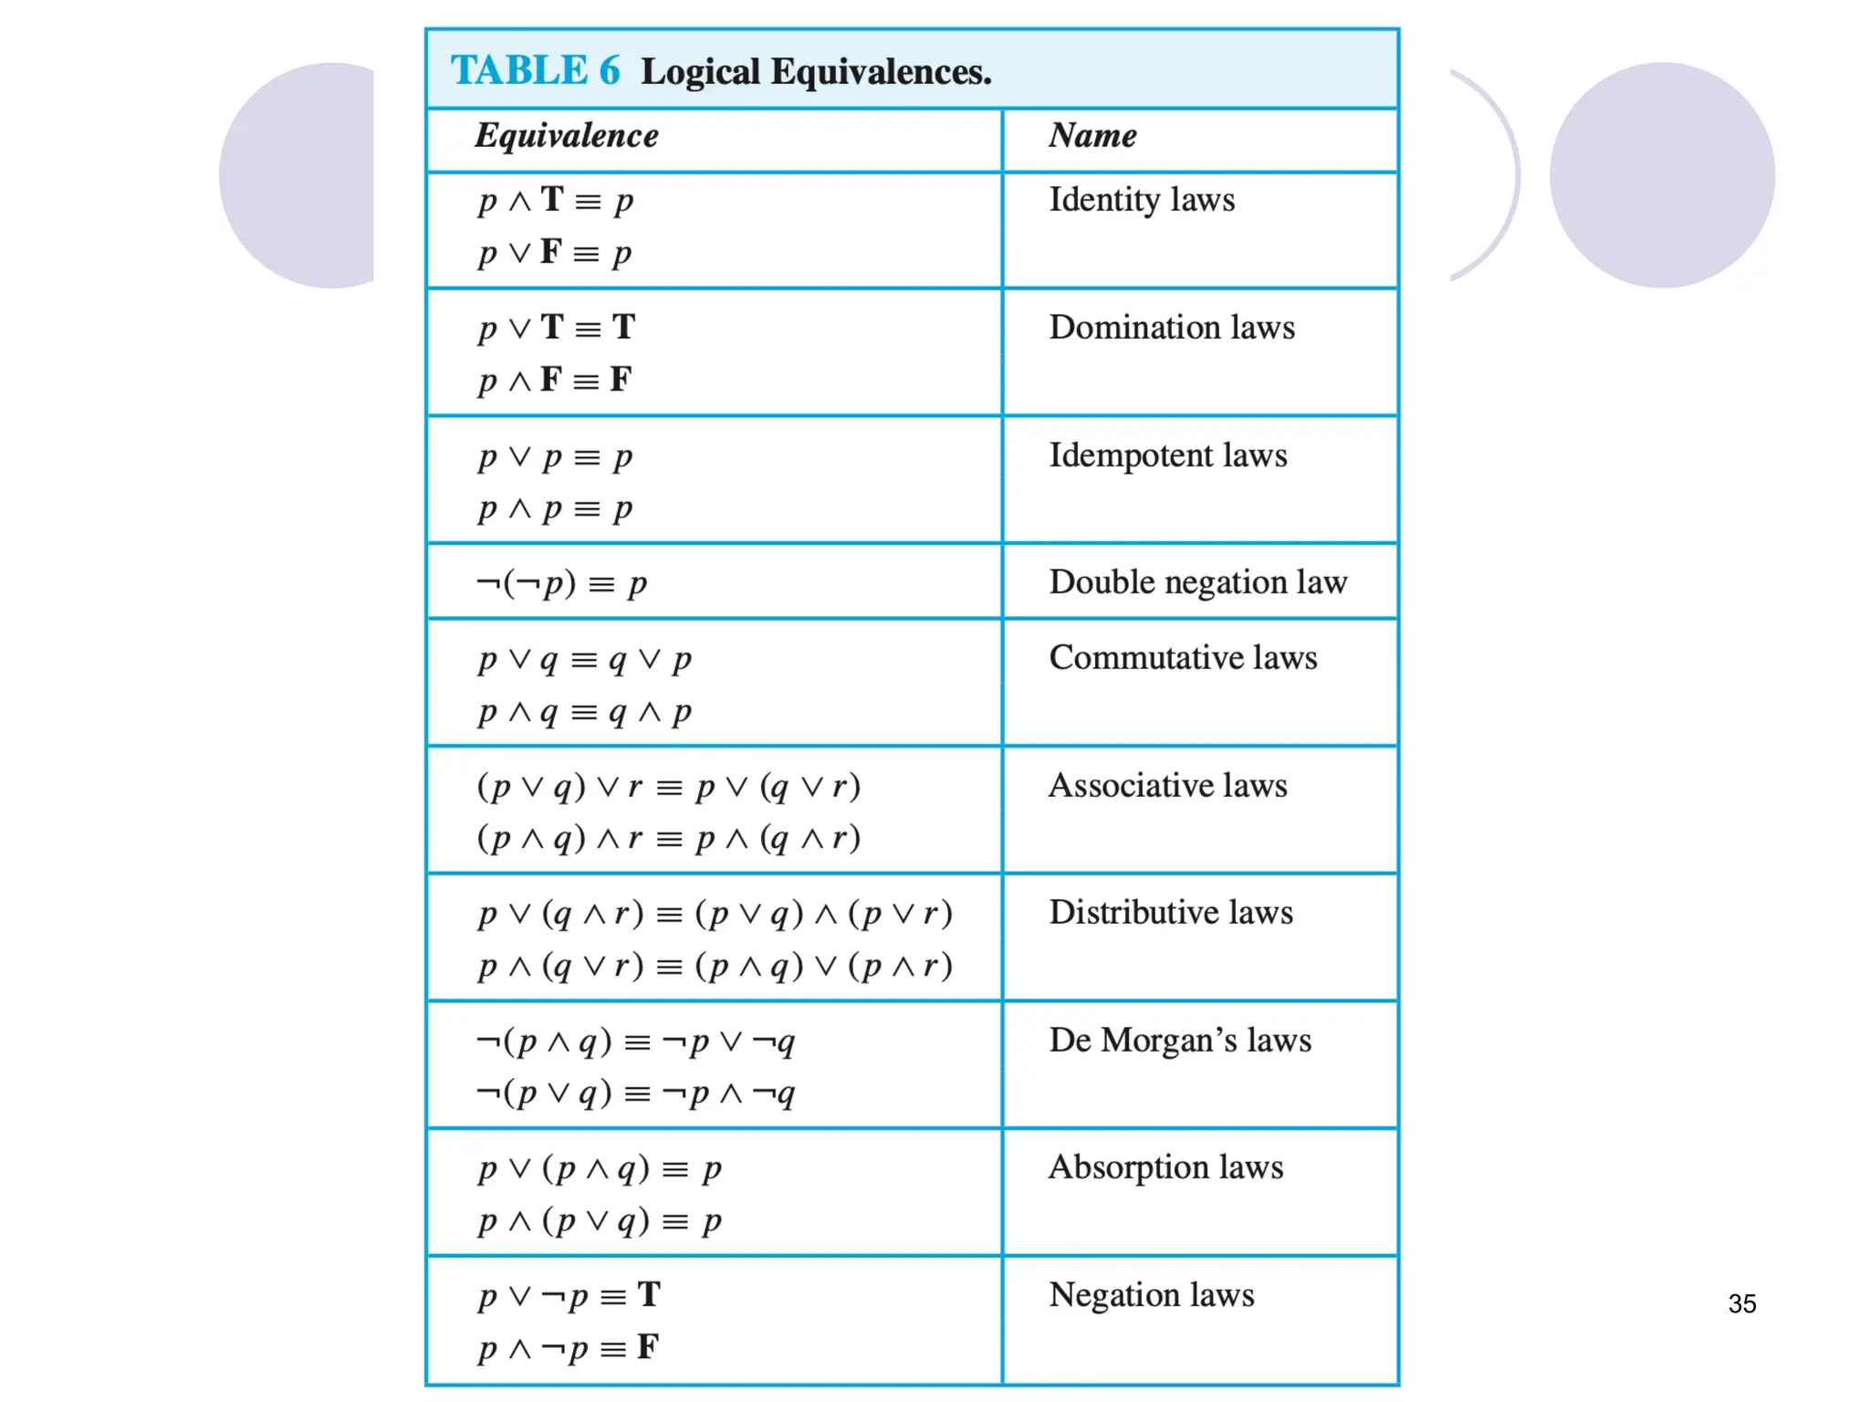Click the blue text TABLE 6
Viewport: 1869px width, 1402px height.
535,71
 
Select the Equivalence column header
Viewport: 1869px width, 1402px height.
566,136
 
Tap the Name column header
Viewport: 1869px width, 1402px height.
1092,136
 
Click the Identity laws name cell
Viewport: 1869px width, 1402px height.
1142,200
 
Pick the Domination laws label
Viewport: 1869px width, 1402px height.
1172,328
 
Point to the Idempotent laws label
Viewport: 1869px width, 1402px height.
1168,455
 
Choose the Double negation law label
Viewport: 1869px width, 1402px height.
1197,582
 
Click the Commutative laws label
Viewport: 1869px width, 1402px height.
1183,658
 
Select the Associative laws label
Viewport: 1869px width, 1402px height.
1168,786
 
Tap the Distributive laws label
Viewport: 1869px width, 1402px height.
1171,913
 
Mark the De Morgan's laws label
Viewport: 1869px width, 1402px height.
1180,1041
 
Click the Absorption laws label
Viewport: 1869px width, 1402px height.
1165,1167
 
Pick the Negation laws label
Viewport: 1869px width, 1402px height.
1152,1295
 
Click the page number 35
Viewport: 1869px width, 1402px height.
1741,1303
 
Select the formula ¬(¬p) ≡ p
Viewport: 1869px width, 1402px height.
561,582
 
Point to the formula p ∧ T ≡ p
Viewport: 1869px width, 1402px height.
555,200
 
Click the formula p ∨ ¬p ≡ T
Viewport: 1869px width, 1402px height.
569,1295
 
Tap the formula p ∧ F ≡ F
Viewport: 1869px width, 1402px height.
555,380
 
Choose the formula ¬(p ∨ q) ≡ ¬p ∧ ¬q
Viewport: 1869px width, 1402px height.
636,1093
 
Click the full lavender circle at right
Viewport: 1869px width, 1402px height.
1662,175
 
